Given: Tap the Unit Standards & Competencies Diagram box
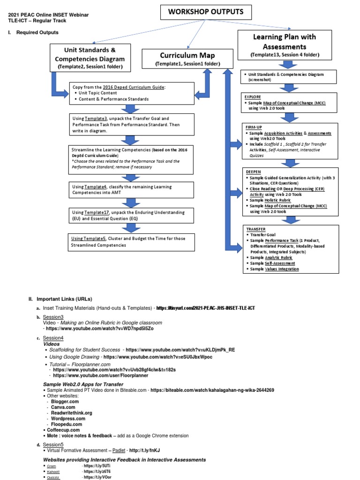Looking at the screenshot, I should pyautogui.click(x=90, y=58).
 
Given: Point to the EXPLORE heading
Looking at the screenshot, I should pyautogui.click(x=253, y=97).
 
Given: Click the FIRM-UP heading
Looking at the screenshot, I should pyautogui.click(x=253, y=127).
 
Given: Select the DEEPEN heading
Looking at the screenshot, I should pyautogui.click(x=252, y=172).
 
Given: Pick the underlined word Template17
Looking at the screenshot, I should pyautogui.click(x=97, y=212).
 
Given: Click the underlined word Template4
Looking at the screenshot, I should pyautogui.click(x=96, y=187).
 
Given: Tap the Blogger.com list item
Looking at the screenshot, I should pyautogui.click(x=65, y=401).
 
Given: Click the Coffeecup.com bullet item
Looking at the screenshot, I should pyautogui.click(x=63, y=430).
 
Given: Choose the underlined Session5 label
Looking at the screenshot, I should pyautogui.click(x=53, y=444).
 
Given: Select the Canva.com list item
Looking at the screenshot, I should pyautogui.click(x=62, y=407).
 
